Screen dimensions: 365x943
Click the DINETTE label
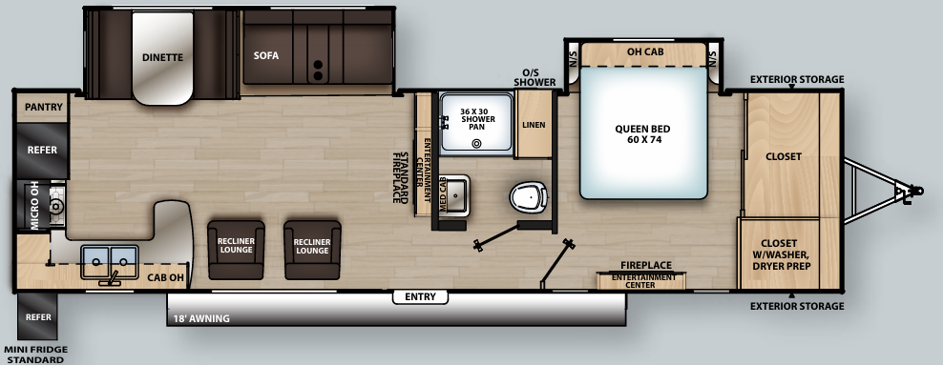pos(162,56)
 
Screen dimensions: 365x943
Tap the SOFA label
pos(266,55)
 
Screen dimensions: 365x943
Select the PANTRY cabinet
pos(43,107)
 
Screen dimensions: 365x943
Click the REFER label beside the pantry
pos(42,151)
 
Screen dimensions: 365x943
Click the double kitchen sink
pos(110,259)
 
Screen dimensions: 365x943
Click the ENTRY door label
pos(420,297)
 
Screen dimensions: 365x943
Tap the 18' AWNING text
pos(201,318)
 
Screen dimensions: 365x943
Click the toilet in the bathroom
pos(528,197)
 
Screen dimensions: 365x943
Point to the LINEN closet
pos(534,125)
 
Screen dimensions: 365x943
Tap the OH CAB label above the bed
pos(646,51)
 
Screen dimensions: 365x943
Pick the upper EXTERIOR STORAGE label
pos(797,79)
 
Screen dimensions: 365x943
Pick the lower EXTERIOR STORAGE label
pos(797,306)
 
